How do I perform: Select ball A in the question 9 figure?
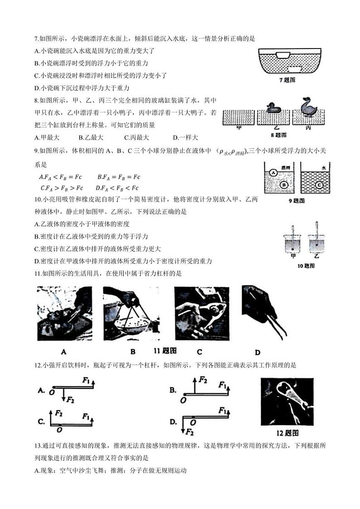[x=274, y=173]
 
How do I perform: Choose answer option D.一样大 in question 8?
[x=185, y=137]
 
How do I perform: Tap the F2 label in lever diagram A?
[x=71, y=400]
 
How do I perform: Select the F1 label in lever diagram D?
[x=222, y=411]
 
